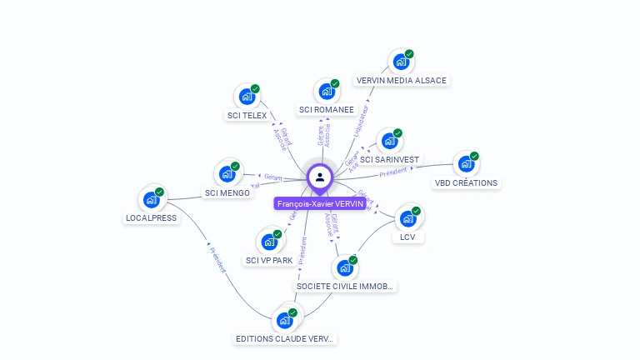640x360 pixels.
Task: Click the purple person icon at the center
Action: [x=320, y=177]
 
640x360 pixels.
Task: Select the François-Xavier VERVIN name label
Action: [x=320, y=203]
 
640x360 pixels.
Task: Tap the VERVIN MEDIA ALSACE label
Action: [x=402, y=81]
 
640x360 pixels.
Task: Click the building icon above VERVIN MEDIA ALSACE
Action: [x=402, y=62]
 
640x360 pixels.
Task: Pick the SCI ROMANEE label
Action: [x=327, y=109]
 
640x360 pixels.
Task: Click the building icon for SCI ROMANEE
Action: [x=327, y=91]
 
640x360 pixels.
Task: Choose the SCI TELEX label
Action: [x=247, y=116]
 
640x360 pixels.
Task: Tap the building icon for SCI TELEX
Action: [x=247, y=97]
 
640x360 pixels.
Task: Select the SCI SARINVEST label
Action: [x=390, y=159]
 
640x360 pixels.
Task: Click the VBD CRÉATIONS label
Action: [x=466, y=182]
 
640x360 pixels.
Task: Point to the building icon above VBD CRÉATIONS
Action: [x=466, y=164]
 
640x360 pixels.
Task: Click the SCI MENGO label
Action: [x=227, y=193]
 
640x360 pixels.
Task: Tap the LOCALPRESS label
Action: [x=151, y=218]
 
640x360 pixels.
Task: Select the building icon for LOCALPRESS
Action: [x=151, y=199]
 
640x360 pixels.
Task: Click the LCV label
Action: [x=407, y=237]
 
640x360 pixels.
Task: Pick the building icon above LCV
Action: [x=407, y=218]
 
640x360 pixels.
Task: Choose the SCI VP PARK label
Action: [x=269, y=260]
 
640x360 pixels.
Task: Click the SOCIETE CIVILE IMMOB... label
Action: [x=345, y=286]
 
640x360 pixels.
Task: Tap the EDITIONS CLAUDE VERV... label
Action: [x=285, y=338]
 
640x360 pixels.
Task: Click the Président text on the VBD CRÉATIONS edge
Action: [x=393, y=171]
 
